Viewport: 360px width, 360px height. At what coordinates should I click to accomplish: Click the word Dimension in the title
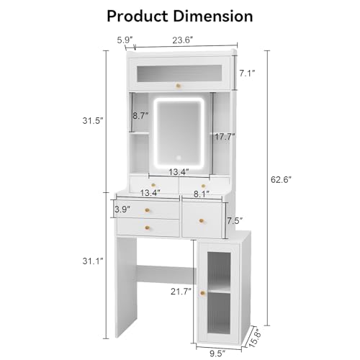tap(213, 17)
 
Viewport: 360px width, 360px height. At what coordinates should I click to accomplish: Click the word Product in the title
tap(138, 17)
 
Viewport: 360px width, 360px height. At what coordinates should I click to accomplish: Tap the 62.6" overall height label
tap(281, 179)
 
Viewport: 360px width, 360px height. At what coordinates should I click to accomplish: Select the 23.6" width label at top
tap(183, 40)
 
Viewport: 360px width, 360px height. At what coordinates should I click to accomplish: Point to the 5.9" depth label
tap(125, 40)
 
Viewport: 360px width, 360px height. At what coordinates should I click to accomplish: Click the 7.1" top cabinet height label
tap(247, 73)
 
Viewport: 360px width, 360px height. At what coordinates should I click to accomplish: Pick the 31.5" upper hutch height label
tap(93, 120)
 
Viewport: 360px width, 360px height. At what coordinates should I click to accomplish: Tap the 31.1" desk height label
tap(93, 261)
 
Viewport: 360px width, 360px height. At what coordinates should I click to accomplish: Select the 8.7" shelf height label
tap(140, 116)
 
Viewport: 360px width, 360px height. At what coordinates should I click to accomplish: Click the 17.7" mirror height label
tap(225, 137)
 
